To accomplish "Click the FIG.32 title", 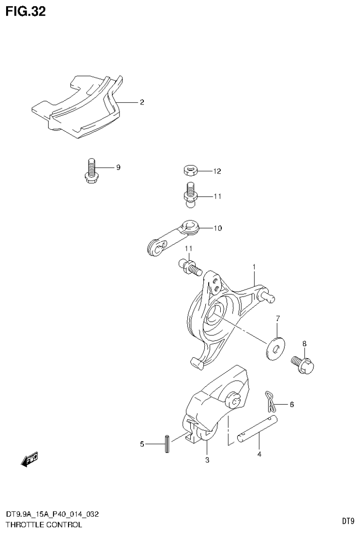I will coord(26,12).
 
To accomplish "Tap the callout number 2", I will coord(142,102).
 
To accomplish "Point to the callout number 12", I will coord(217,172).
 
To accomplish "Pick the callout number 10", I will coord(217,228).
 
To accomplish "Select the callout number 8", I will coord(304,344).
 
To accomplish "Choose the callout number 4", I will coord(259,454).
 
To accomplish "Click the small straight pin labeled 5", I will coord(166,444).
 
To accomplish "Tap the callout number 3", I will coord(207,460).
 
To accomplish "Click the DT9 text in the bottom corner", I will coord(347,521).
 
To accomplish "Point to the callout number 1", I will coord(254,267).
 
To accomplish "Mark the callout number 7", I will coord(277,319).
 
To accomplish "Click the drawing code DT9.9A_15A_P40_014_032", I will coord(52,515).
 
